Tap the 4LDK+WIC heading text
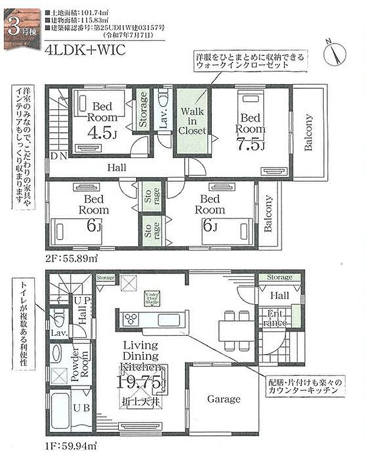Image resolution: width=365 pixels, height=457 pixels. click(x=85, y=49)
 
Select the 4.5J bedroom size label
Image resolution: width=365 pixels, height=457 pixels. click(x=102, y=132)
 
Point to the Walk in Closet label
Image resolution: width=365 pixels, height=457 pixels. click(x=193, y=121)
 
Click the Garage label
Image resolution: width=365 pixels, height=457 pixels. click(x=224, y=399)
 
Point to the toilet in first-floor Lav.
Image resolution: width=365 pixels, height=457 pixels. click(x=58, y=320)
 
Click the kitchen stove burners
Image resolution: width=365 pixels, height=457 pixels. click(x=131, y=319)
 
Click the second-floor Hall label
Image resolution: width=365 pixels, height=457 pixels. click(x=117, y=168)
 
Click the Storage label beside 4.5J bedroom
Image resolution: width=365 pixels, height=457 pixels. click(x=142, y=109)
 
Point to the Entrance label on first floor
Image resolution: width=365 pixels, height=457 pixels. click(x=274, y=318)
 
